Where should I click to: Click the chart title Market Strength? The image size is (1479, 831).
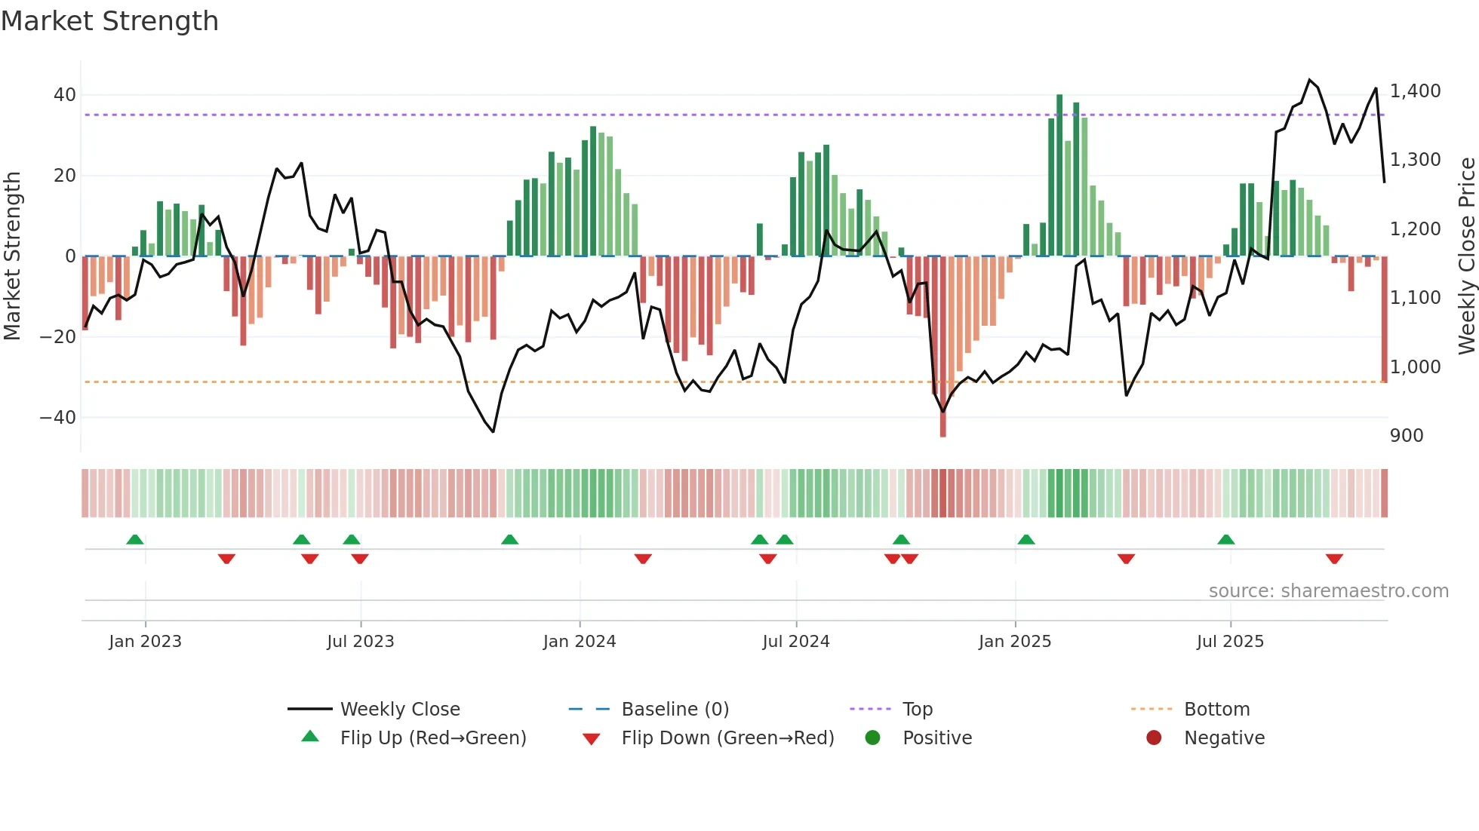pyautogui.click(x=109, y=21)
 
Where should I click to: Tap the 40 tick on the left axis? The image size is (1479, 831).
pyautogui.click(x=65, y=95)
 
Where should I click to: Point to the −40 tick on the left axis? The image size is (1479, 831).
pyautogui.click(x=58, y=417)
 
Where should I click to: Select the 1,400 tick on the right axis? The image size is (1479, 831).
pyautogui.click(x=1415, y=91)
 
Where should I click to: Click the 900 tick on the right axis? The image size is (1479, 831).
pyautogui.click(x=1407, y=436)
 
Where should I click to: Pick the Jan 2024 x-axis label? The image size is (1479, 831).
pyautogui.click(x=580, y=642)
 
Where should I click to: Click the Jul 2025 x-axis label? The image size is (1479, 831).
pyautogui.click(x=1230, y=642)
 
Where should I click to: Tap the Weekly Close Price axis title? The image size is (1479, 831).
pyautogui.click(x=1466, y=256)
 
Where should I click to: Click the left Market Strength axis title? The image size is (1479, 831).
pyautogui.click(x=13, y=256)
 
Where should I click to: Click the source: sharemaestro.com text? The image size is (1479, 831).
pyautogui.click(x=1328, y=591)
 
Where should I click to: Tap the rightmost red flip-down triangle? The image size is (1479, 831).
pyautogui.click(x=1334, y=559)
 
